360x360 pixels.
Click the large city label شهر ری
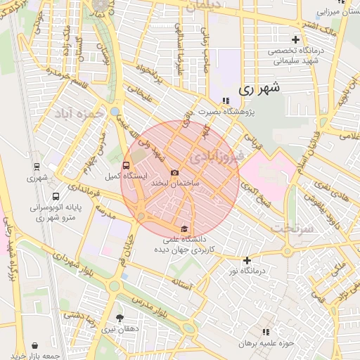click(x=259, y=89)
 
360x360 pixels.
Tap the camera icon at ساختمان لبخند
click(x=175, y=172)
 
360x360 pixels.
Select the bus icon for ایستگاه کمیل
click(x=126, y=166)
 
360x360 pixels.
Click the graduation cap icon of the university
click(x=184, y=229)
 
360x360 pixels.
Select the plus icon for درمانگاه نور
click(x=246, y=260)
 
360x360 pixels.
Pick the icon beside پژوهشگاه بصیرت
click(x=225, y=101)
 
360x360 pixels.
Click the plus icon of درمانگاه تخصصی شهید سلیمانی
click(x=296, y=40)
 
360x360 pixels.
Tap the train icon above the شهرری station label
click(x=36, y=167)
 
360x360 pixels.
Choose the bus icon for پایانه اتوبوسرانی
click(x=56, y=196)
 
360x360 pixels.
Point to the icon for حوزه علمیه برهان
click(x=265, y=331)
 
